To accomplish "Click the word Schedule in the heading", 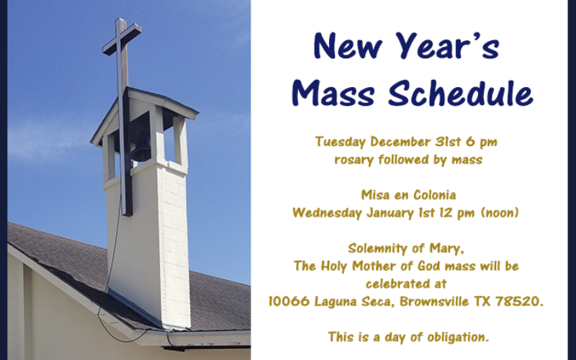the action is (x=460, y=93).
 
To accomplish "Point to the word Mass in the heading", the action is (x=333, y=94).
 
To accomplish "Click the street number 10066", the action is (x=289, y=302).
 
